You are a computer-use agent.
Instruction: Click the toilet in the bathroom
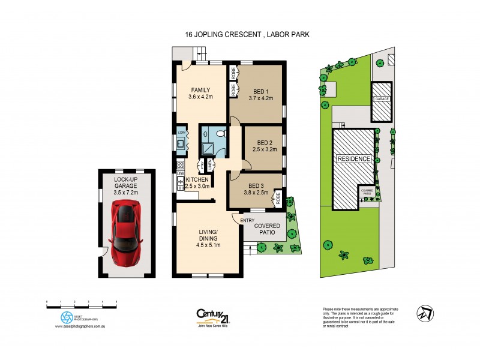(220, 133)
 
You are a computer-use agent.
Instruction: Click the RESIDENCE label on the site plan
(354, 159)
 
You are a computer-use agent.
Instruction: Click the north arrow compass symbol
(425, 313)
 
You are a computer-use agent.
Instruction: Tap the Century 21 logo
(212, 315)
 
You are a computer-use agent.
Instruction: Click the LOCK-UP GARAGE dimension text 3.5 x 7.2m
(127, 193)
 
